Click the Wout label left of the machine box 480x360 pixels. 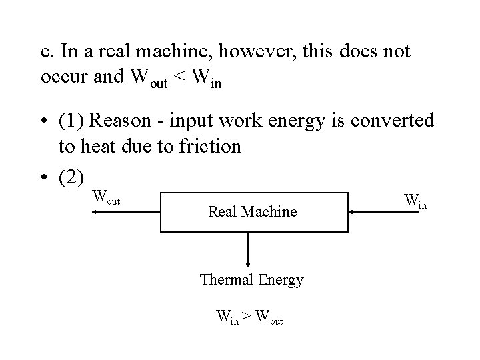[106, 197]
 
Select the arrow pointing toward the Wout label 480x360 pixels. [127, 211]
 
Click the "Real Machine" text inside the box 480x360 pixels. [252, 212]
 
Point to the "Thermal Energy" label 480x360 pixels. [251, 280]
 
